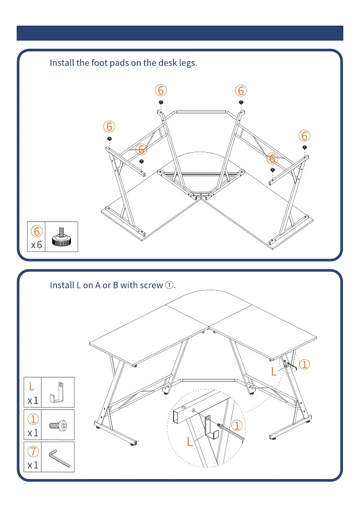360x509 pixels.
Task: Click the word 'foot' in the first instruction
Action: click(99, 63)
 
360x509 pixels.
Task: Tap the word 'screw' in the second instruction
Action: click(151, 285)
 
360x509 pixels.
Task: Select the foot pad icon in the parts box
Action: click(62, 237)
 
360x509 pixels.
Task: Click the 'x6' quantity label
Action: click(36, 245)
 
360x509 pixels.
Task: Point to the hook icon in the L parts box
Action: click(59, 392)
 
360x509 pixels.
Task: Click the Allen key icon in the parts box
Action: click(59, 458)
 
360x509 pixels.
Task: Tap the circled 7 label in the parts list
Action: click(33, 451)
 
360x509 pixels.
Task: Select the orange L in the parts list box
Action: click(32, 387)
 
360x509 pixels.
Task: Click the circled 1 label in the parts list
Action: click(33, 419)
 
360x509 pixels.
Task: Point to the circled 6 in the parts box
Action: click(36, 231)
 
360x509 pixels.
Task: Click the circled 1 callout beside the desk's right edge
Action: click(304, 365)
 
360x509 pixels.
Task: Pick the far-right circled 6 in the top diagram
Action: click(304, 136)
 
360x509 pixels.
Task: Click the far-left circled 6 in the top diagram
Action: click(109, 127)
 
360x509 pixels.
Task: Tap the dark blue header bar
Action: click(180, 33)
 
